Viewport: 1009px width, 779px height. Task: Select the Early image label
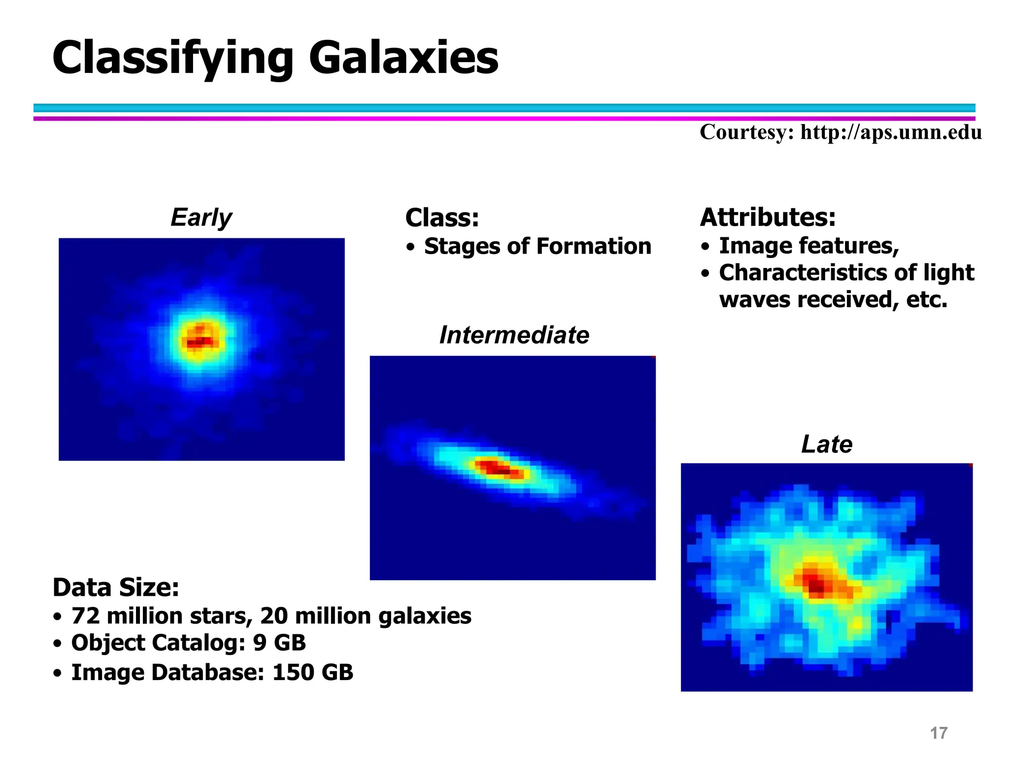(x=201, y=217)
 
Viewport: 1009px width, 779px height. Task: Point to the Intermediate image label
(x=514, y=335)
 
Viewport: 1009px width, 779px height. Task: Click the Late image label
(x=826, y=444)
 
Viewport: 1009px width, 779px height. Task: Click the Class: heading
(x=442, y=218)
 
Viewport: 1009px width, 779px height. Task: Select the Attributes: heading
(x=768, y=217)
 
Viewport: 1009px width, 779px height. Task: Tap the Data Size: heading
(x=116, y=587)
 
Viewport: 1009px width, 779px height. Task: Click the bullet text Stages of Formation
(x=538, y=246)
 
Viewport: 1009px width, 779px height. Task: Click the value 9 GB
(x=279, y=643)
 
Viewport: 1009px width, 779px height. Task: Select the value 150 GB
(x=313, y=673)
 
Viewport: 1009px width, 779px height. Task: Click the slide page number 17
(x=938, y=733)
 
